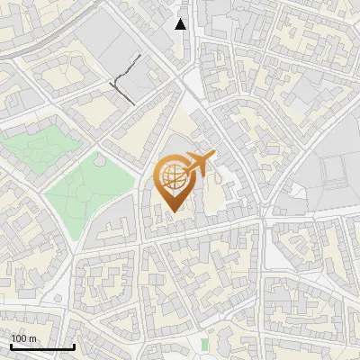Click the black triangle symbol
181,24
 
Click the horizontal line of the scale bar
42,346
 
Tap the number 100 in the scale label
19,338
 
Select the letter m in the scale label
31,338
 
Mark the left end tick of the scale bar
11,345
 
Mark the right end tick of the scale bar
74,345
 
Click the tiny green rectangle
205,345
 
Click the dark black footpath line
126,76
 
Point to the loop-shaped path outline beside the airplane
218,191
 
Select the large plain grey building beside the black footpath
103,40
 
